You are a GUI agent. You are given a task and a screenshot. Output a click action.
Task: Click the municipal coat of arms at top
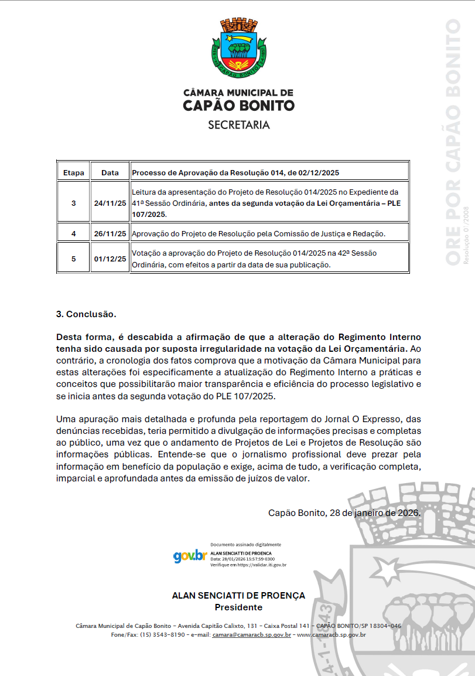239,48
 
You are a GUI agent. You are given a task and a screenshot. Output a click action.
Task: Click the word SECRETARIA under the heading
239,125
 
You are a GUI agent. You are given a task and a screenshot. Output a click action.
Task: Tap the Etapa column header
74,173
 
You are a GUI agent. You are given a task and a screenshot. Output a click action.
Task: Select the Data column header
110,173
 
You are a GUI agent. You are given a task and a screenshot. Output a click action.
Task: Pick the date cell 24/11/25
110,203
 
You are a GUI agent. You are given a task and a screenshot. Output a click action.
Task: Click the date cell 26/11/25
110,233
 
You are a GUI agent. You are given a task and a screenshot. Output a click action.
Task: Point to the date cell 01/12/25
110,259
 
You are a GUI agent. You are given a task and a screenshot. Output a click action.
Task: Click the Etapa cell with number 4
74,233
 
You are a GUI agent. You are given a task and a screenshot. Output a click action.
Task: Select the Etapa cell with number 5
74,259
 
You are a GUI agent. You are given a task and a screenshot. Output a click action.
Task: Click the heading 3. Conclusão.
86,314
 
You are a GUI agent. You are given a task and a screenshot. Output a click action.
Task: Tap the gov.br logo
190,556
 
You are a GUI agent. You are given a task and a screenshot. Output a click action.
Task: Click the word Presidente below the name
238,607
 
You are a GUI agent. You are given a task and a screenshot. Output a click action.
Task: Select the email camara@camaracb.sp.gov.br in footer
252,634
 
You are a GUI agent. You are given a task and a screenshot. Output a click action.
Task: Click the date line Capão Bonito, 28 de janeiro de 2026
344,512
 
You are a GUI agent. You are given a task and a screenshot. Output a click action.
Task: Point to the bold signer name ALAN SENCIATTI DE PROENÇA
238,595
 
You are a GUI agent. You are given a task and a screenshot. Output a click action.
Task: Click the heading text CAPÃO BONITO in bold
239,106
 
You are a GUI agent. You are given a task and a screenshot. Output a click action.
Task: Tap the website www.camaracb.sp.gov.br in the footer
332,634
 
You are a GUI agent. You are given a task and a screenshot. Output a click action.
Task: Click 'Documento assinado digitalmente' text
245,545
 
